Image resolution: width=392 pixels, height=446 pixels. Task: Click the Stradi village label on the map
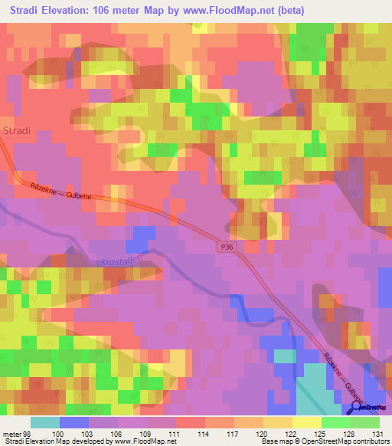click(16, 130)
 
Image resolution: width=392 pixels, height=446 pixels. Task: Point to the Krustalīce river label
click(122, 261)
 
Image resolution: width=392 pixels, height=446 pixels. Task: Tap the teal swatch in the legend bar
click(44, 422)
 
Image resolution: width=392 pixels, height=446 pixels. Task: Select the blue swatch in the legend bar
click(73, 422)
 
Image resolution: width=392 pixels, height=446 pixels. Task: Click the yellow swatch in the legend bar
click(305, 422)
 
